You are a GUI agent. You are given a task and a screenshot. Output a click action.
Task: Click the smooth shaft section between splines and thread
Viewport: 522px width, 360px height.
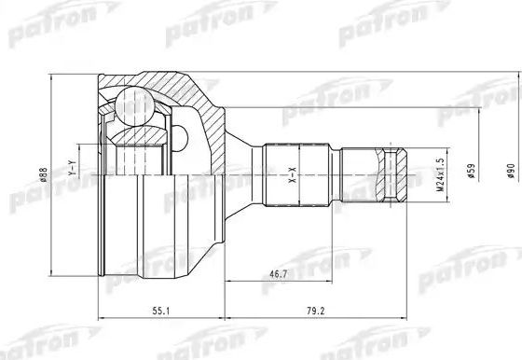click(363, 173)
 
